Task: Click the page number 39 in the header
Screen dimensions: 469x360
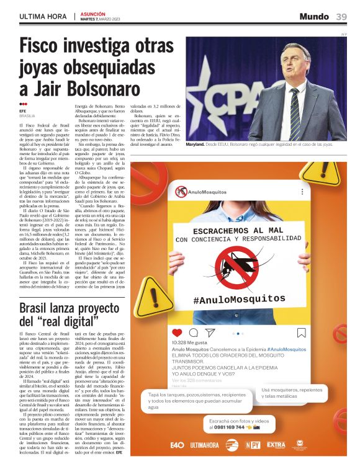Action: [x=341, y=17]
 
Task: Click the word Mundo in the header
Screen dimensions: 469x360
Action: [x=314, y=17]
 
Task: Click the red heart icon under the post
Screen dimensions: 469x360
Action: [x=177, y=333]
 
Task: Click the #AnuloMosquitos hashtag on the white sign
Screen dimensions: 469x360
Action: [x=240, y=299]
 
